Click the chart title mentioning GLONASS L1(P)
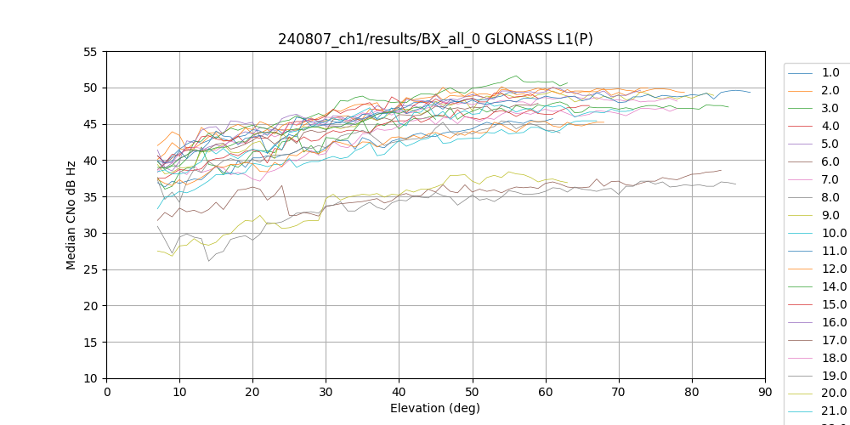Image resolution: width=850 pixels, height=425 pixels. click(x=435, y=39)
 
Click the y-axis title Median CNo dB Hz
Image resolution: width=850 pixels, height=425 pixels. click(x=71, y=215)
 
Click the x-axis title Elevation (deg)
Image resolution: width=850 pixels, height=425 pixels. click(x=435, y=409)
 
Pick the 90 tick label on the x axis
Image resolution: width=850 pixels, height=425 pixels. click(x=764, y=393)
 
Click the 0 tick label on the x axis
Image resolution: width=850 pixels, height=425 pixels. click(x=107, y=393)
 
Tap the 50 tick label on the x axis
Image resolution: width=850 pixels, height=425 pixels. click(x=472, y=393)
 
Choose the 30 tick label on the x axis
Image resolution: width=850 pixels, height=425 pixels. click(x=326, y=393)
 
